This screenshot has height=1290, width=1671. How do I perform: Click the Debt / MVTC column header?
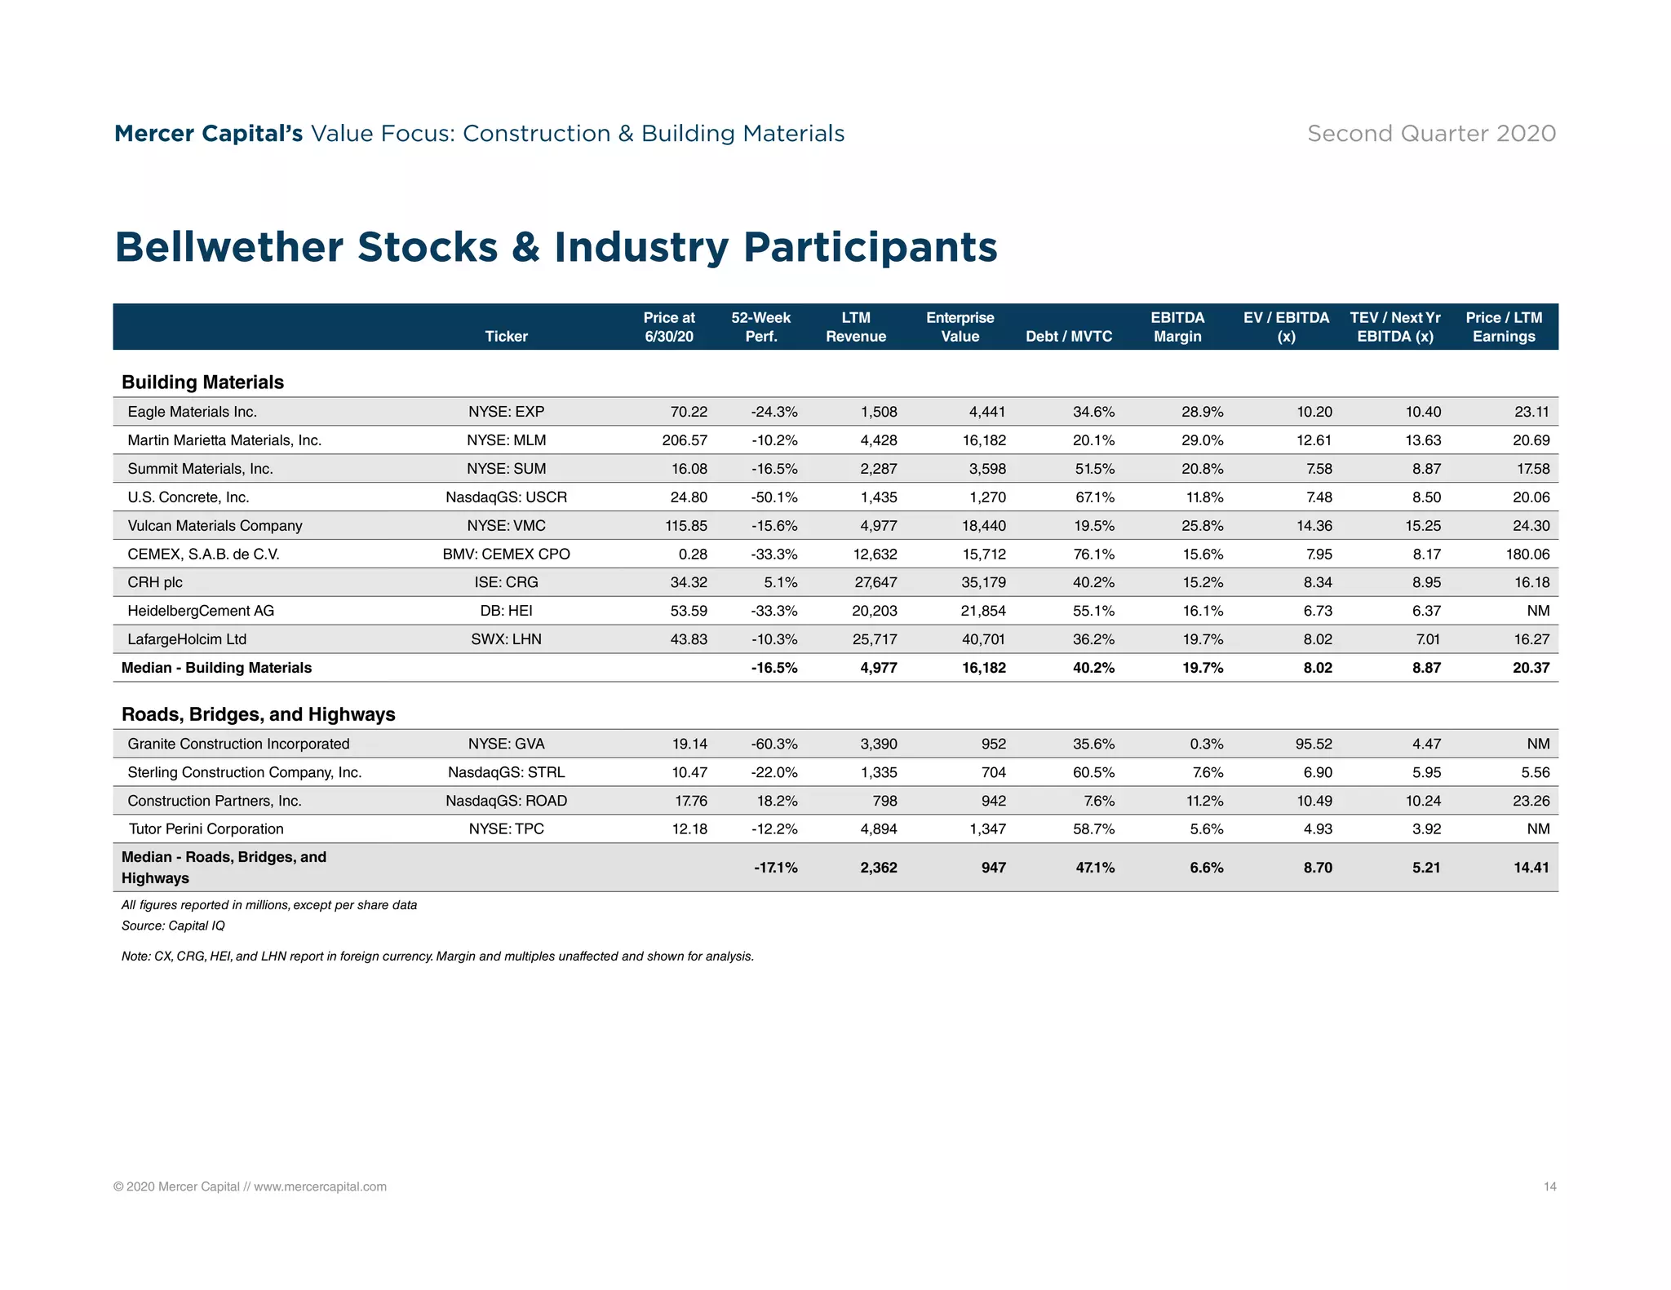tap(1068, 337)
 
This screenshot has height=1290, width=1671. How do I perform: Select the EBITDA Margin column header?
tap(1177, 327)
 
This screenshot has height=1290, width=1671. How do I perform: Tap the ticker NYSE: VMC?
tap(506, 526)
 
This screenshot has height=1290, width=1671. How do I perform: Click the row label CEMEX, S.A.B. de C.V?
tap(203, 554)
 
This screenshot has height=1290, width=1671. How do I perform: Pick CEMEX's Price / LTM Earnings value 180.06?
tap(1527, 554)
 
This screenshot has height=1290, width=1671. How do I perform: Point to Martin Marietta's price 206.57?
tap(685, 440)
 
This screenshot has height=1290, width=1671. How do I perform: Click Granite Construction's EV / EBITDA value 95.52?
tap(1313, 744)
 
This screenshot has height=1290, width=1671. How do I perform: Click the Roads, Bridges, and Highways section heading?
tap(258, 714)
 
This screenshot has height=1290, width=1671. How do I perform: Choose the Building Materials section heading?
tap(202, 382)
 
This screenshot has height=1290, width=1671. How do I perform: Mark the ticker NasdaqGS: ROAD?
tap(506, 801)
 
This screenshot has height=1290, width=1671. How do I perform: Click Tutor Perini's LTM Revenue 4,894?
tap(878, 829)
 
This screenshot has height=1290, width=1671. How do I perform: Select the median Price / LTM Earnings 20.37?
tap(1531, 668)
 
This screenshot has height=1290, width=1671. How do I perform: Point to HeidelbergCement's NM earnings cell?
tap(1538, 611)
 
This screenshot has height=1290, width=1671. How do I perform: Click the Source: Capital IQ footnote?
tap(173, 926)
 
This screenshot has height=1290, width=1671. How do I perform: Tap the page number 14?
tap(1549, 1186)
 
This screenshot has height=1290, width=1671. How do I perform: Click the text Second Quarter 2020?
tap(1431, 134)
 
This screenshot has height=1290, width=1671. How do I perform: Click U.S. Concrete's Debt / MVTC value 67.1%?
tap(1093, 497)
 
